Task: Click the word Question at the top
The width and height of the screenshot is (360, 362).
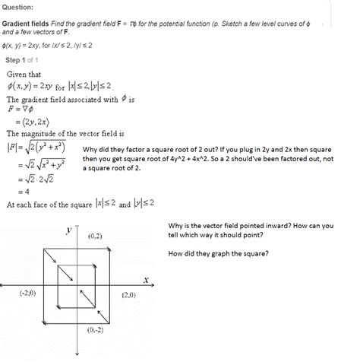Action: (21, 7)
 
